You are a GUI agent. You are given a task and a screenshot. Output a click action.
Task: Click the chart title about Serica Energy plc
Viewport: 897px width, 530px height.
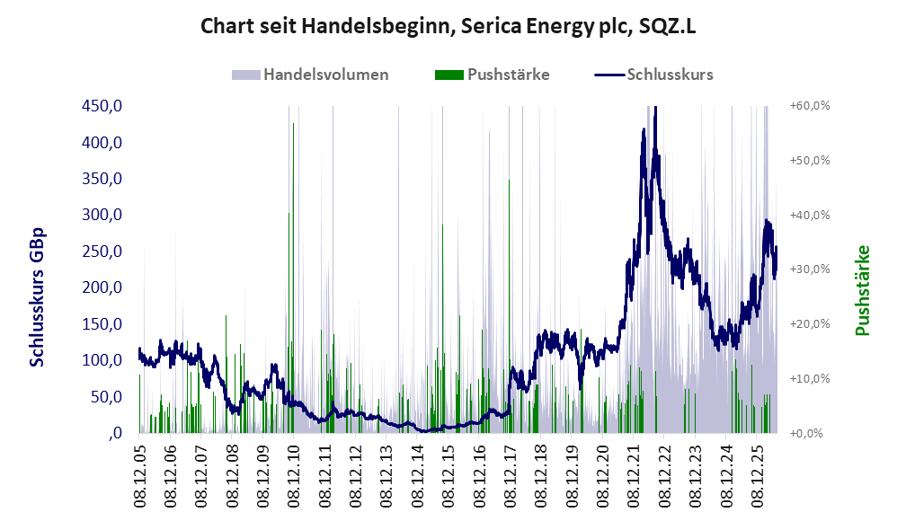click(448, 26)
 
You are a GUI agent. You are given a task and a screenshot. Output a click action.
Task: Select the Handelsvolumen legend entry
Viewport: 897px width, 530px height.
click(310, 75)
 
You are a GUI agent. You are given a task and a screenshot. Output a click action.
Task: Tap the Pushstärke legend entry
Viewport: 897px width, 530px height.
click(492, 75)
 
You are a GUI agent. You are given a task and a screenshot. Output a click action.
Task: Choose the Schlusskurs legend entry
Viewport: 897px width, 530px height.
click(653, 75)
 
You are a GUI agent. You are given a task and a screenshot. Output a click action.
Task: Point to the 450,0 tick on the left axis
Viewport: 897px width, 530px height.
click(102, 106)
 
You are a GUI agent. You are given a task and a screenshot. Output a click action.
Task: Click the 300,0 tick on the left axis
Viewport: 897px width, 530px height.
click(102, 215)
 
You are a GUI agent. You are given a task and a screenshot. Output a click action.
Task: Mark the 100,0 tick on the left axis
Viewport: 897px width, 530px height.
click(102, 360)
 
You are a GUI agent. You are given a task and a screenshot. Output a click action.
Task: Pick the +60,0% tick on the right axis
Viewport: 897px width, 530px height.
click(810, 106)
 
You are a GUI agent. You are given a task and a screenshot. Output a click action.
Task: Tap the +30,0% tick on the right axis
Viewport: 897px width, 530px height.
click(810, 269)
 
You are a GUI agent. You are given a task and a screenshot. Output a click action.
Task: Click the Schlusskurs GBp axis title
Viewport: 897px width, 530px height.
click(37, 297)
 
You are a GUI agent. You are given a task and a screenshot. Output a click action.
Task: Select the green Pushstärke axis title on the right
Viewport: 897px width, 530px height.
click(862, 290)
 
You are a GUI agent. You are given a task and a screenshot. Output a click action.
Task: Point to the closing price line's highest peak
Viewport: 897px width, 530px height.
click(655, 108)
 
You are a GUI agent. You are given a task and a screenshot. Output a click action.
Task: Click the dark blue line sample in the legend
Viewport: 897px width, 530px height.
click(609, 75)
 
